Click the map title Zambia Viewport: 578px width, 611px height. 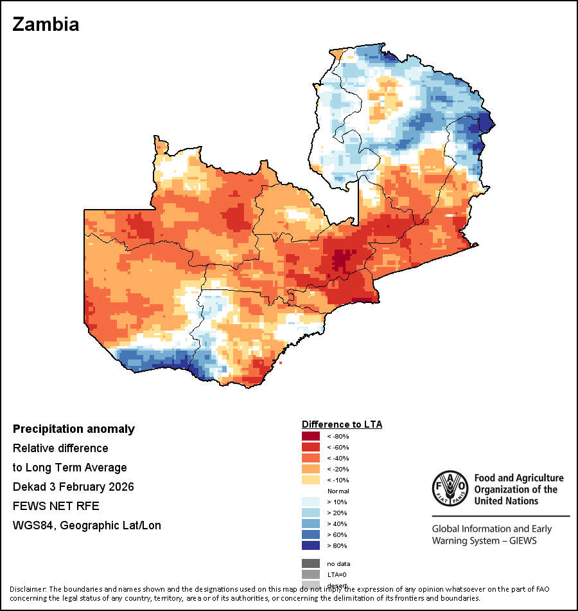[46, 24]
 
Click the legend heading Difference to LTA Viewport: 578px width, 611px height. [342, 424]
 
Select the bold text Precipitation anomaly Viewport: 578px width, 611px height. [74, 429]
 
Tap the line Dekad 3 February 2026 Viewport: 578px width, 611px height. [73, 487]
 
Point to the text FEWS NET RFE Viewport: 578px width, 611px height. [56, 506]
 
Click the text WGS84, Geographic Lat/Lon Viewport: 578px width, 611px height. [87, 525]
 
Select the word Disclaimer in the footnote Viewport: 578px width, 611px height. [28, 589]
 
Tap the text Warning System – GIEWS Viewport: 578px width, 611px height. [484, 540]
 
